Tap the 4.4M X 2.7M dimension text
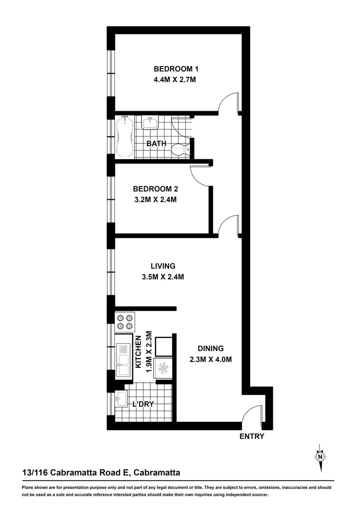pyautogui.click(x=174, y=80)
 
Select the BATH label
pyautogui.click(x=156, y=143)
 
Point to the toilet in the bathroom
pyautogui.click(x=180, y=150)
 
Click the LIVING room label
pyautogui.click(x=163, y=266)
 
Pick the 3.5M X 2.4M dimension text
pyautogui.click(x=163, y=277)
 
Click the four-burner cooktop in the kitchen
pyautogui.click(x=125, y=322)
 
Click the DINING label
pyautogui.click(x=210, y=349)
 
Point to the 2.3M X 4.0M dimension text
pyautogui.click(x=210, y=360)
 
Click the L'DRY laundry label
pyautogui.click(x=143, y=404)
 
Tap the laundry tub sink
pyautogui.click(x=121, y=399)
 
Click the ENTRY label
pyautogui.click(x=252, y=436)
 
